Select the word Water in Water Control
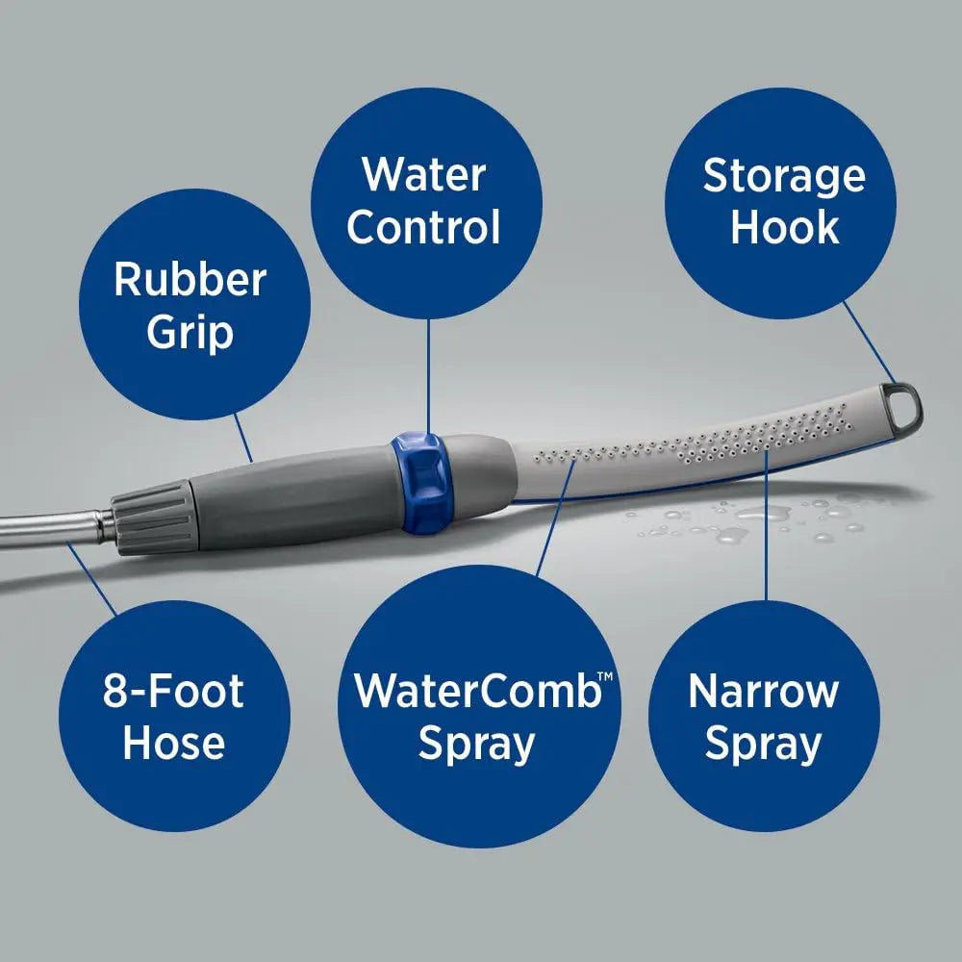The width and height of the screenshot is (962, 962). click(x=423, y=175)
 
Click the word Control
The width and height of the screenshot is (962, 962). click(x=423, y=228)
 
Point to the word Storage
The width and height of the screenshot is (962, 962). click(x=784, y=176)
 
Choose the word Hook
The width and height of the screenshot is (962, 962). click(x=784, y=229)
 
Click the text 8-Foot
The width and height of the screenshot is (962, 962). click(x=173, y=692)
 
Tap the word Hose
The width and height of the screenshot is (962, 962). click(x=173, y=744)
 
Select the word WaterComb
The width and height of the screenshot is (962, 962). click(x=477, y=692)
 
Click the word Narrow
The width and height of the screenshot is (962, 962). click(x=764, y=692)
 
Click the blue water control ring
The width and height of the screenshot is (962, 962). click(x=419, y=481)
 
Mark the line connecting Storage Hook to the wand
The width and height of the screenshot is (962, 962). click(x=868, y=342)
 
